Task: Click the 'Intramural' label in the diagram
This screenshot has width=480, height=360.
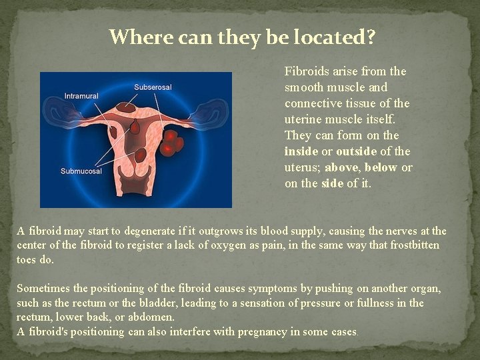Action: click(81, 96)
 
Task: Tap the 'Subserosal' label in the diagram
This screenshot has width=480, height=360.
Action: click(153, 87)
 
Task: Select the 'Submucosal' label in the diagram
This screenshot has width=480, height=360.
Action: click(81, 171)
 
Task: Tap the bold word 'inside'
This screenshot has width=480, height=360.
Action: click(301, 151)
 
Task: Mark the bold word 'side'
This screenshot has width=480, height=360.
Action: click(331, 183)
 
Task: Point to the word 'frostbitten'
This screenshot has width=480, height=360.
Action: click(415, 245)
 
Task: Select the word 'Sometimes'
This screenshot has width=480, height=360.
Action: click(43, 289)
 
